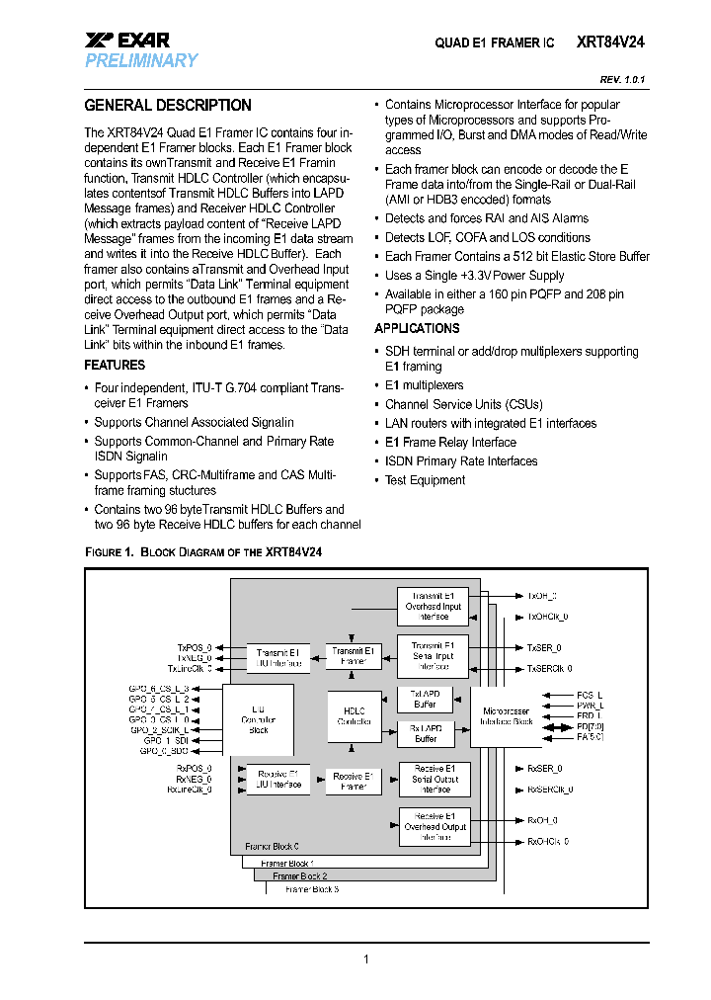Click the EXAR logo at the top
pyautogui.click(x=127, y=41)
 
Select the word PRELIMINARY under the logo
pyautogui.click(x=141, y=61)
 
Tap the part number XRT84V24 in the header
pyautogui.click(x=612, y=42)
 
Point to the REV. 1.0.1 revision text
pyautogui.click(x=622, y=79)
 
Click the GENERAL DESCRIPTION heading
pyautogui.click(x=168, y=106)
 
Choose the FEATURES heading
pyautogui.click(x=115, y=365)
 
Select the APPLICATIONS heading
pyautogui.click(x=417, y=329)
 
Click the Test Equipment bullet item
pyautogui.click(x=425, y=480)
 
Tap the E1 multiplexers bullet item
pyautogui.click(x=424, y=385)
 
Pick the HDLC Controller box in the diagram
pyautogui.click(x=355, y=716)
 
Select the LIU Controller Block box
pyautogui.click(x=259, y=718)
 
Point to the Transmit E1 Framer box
pyautogui.click(x=354, y=655)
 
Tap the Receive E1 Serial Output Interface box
pyautogui.click(x=435, y=779)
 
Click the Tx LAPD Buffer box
pyautogui.click(x=426, y=699)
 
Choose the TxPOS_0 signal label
pyautogui.click(x=195, y=646)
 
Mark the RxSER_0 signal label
pyautogui.click(x=544, y=768)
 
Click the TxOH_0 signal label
pyautogui.click(x=542, y=596)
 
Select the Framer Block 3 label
pyautogui.click(x=312, y=889)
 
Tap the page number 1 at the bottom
pyautogui.click(x=366, y=959)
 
